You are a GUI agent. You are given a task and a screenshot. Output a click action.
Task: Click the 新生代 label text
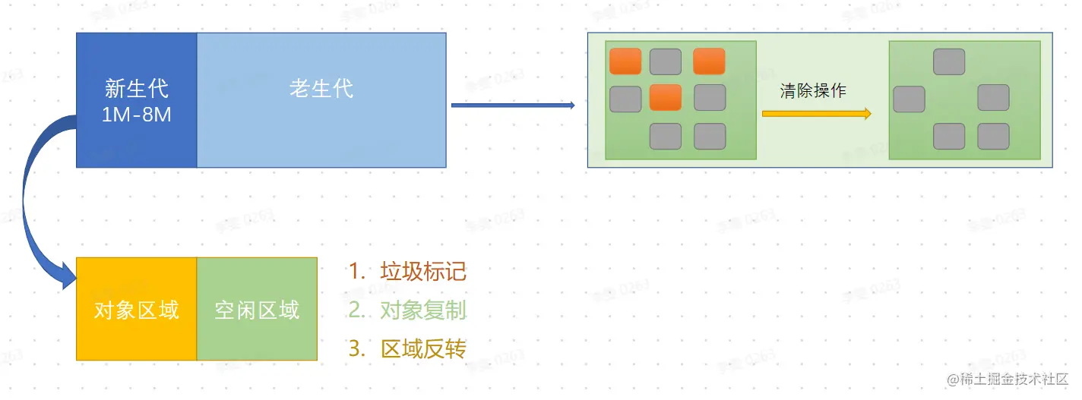pyautogui.click(x=137, y=89)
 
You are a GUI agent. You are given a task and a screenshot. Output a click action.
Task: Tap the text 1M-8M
pyautogui.click(x=137, y=115)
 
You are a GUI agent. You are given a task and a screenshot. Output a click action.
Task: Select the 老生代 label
pyautogui.click(x=321, y=89)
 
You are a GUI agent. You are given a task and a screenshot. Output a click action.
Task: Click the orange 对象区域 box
pyautogui.click(x=137, y=310)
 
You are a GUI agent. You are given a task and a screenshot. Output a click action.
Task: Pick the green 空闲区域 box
pyautogui.click(x=257, y=310)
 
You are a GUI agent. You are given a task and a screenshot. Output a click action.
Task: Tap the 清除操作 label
pyautogui.click(x=812, y=91)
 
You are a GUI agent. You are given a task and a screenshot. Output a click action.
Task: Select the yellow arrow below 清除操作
pyautogui.click(x=816, y=114)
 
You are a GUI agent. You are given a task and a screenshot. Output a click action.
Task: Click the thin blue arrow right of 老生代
pyautogui.click(x=513, y=106)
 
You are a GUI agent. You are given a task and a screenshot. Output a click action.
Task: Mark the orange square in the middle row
pyautogui.click(x=666, y=98)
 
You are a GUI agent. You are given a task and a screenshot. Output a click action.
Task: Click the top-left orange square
pyautogui.click(x=625, y=61)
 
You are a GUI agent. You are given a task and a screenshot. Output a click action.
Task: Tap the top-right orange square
pyautogui.click(x=709, y=61)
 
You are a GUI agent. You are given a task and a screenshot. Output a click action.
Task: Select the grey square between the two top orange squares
pyautogui.click(x=666, y=61)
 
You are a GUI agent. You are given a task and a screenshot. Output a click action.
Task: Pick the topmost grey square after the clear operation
pyautogui.click(x=949, y=61)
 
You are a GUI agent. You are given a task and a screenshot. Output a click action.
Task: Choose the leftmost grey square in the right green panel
pyautogui.click(x=909, y=99)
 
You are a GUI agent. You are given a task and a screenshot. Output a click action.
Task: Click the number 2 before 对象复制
pyautogui.click(x=354, y=310)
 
